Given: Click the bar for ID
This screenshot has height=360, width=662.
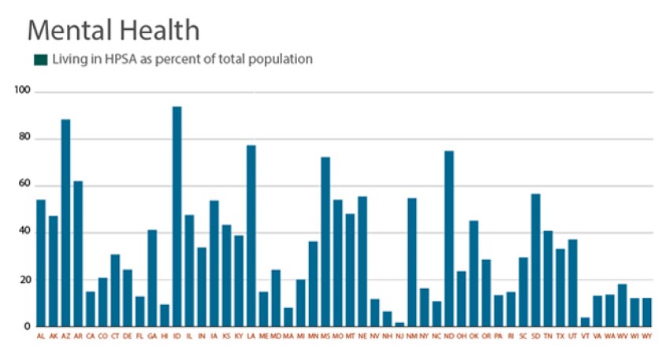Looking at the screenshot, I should (177, 216).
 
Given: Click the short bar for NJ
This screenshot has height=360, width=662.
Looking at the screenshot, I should (400, 324).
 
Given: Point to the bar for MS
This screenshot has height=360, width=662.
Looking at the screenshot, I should (325, 241).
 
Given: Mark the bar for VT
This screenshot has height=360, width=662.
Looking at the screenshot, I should (585, 321).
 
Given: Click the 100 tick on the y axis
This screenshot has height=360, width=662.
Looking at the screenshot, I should (21, 91).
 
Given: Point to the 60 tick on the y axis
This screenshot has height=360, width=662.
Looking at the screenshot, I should (23, 184).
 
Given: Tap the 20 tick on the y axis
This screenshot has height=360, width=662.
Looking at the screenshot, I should (23, 279).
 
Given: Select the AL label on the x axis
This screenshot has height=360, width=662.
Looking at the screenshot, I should (41, 336).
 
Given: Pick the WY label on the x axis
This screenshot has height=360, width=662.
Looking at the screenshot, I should (647, 336).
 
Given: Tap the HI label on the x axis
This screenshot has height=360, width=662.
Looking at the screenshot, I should (165, 336).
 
